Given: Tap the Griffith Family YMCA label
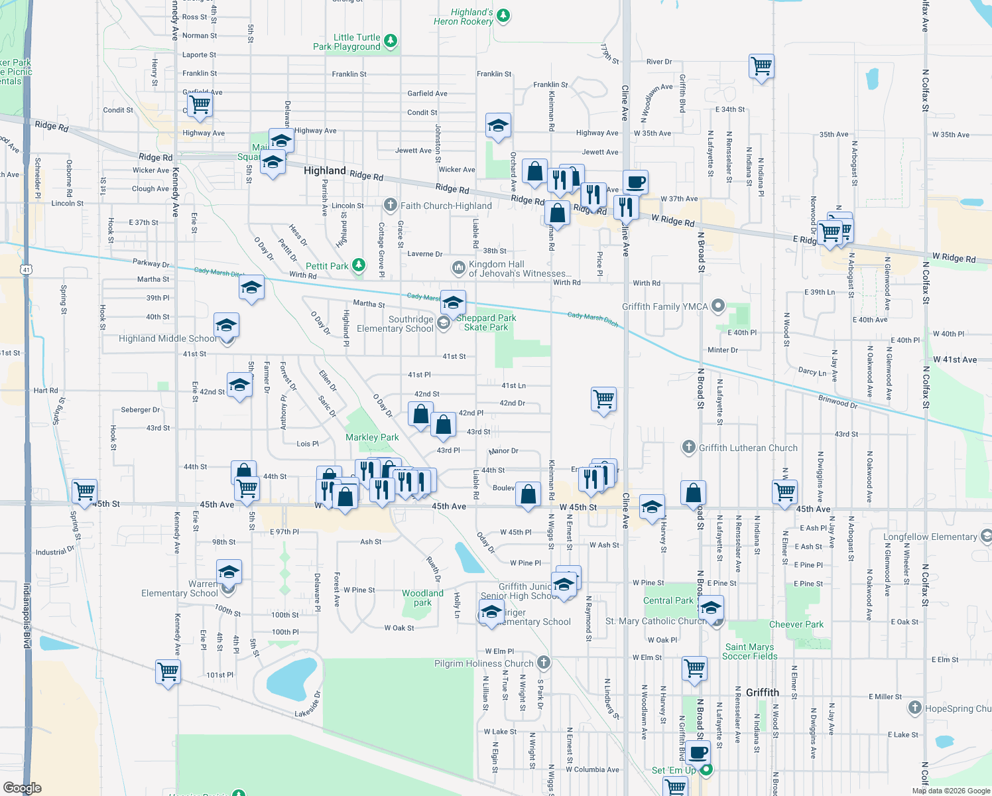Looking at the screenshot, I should tap(664, 306).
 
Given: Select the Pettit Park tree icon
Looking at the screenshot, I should tap(359, 265).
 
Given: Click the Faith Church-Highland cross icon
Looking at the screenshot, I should tap(391, 205).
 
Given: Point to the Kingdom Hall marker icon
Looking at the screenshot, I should tap(458, 267).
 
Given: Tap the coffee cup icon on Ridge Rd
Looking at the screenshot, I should tap(635, 181).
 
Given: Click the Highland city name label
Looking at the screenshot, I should tap(324, 170).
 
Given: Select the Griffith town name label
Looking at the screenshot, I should tap(762, 693).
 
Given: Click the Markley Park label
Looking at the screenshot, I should tap(372, 437).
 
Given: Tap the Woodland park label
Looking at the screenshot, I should tap(422, 598).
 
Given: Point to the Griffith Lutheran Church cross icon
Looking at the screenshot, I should tap(689, 447).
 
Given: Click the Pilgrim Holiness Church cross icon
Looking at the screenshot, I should tap(544, 662).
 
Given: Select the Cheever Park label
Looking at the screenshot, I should tap(796, 624).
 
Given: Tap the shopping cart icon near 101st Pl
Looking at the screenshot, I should tap(168, 671).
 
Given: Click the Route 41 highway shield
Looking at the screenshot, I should tap(26, 269).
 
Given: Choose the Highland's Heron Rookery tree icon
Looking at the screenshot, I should tap(503, 16).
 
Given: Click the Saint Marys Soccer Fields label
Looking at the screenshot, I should tap(749, 651).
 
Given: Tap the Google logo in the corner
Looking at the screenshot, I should tap(23, 787).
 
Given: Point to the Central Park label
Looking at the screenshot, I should tap(668, 600).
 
